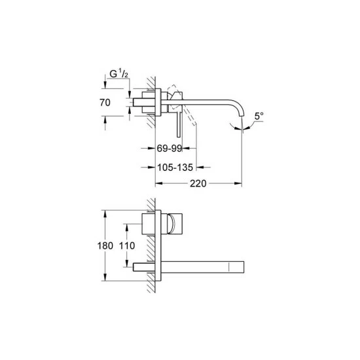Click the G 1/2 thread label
click(118, 74)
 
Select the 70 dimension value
click(105, 102)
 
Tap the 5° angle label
click(259, 116)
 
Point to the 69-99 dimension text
click(170, 149)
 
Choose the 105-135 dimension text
click(175, 168)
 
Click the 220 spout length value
click(198, 183)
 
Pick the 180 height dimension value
click(105, 245)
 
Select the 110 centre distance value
click(127, 245)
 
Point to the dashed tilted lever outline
click(183, 105)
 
